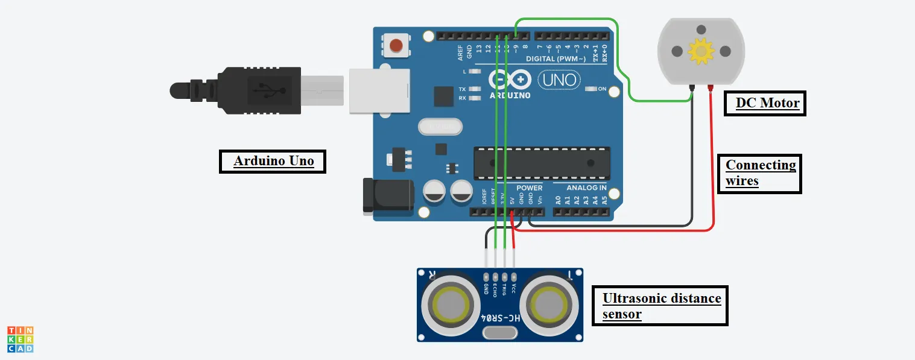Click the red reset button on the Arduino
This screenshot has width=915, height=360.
click(396, 45)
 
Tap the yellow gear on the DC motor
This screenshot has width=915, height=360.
click(701, 52)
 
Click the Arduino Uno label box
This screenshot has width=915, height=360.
click(273, 161)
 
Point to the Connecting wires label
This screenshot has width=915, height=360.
click(759, 172)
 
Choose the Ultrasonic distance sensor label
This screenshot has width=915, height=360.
click(660, 306)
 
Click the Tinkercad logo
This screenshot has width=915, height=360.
click(20, 339)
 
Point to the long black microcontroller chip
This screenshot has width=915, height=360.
click(540, 163)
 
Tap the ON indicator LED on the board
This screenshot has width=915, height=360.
click(590, 89)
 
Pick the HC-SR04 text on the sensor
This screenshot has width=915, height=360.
click(500, 318)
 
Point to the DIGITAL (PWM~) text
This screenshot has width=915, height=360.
click(556, 59)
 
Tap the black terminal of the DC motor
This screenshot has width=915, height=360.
click(692, 89)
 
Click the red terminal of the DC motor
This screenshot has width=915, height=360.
click(711, 89)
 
